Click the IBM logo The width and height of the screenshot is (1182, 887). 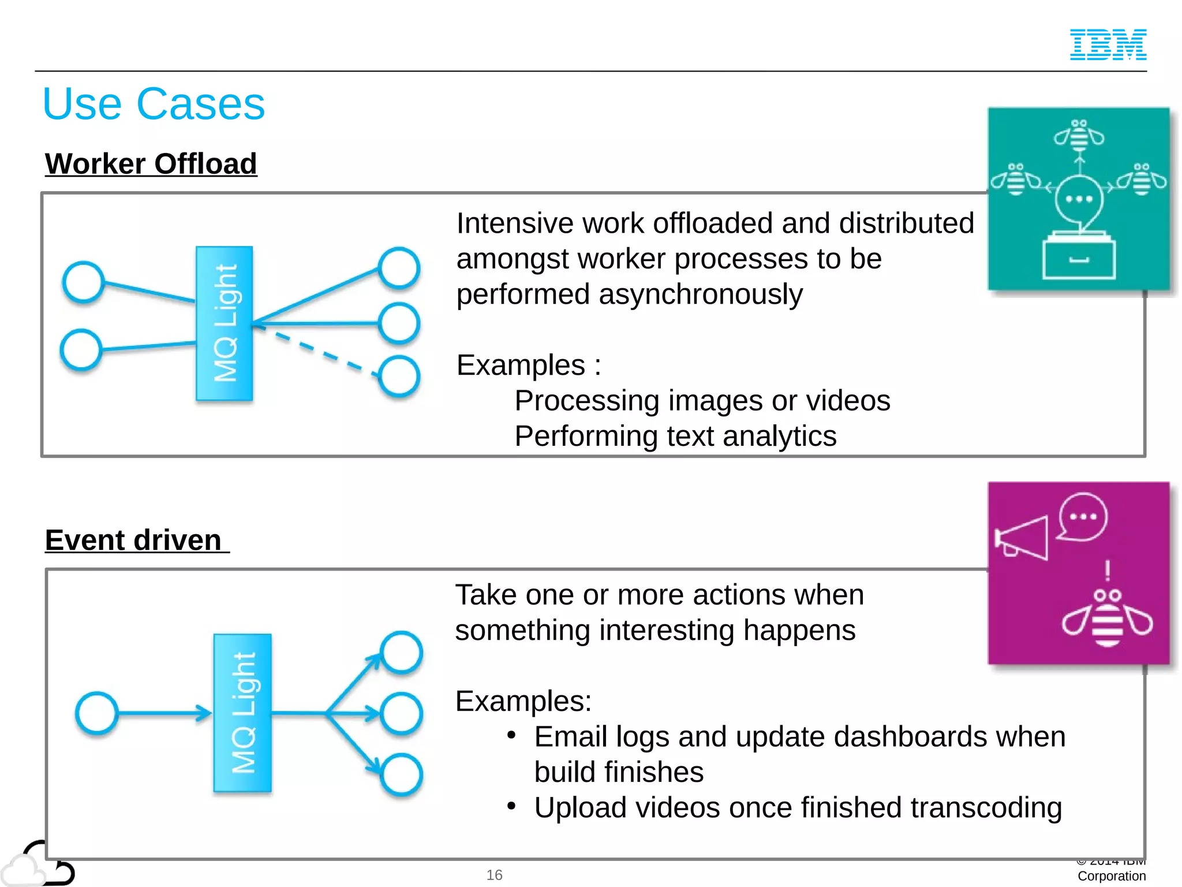(x=1108, y=44)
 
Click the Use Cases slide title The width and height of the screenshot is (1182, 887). (x=154, y=104)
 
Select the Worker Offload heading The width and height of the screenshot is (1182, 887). (x=151, y=164)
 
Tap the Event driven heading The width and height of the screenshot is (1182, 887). (x=133, y=541)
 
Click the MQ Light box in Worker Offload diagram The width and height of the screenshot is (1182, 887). (x=225, y=323)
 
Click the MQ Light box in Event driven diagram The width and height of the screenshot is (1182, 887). (x=242, y=713)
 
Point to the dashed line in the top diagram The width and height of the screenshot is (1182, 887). (x=317, y=349)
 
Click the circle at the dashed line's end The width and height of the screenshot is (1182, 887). (x=399, y=376)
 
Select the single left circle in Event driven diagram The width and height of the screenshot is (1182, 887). (x=97, y=713)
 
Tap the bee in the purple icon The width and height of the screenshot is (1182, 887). (x=1107, y=619)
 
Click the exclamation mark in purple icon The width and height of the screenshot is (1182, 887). (x=1107, y=571)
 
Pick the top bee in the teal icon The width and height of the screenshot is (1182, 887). (x=1079, y=136)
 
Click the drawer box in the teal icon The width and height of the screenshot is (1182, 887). (x=1079, y=258)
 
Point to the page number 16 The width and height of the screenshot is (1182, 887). (x=494, y=875)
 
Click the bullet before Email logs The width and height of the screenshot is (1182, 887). (x=511, y=735)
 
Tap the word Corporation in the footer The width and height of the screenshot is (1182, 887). (x=1111, y=876)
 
